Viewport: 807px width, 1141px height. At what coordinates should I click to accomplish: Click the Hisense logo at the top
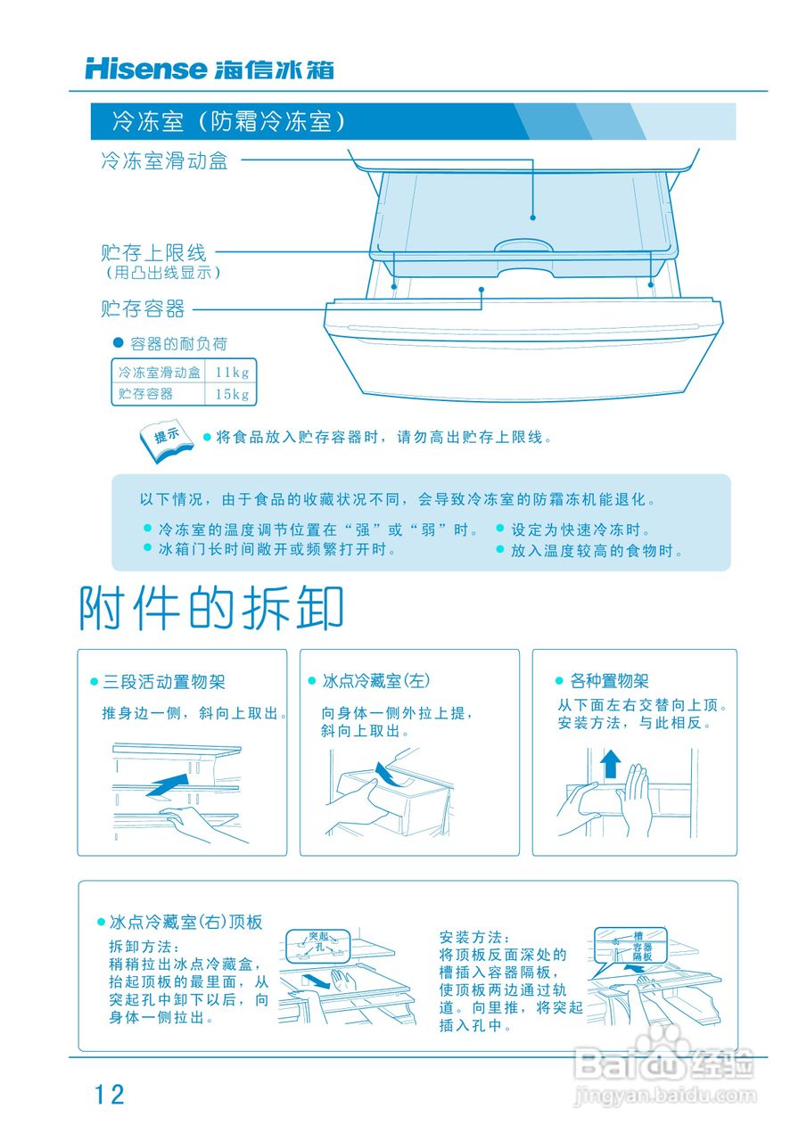[146, 69]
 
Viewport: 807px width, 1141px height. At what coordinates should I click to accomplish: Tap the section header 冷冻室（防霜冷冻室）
[228, 121]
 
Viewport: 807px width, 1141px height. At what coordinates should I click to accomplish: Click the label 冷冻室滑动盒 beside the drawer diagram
[164, 161]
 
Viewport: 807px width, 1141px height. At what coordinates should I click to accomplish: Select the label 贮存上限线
[153, 253]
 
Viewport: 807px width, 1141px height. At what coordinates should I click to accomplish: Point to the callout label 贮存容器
[143, 309]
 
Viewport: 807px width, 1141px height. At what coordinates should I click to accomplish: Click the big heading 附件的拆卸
[211, 610]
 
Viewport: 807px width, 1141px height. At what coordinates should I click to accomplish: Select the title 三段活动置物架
[163, 682]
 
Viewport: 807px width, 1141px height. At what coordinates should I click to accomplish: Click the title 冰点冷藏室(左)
[375, 681]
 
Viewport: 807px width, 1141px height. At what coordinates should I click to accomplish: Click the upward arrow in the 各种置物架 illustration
[610, 764]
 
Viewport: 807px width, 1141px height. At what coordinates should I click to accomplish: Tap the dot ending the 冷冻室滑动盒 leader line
[532, 217]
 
